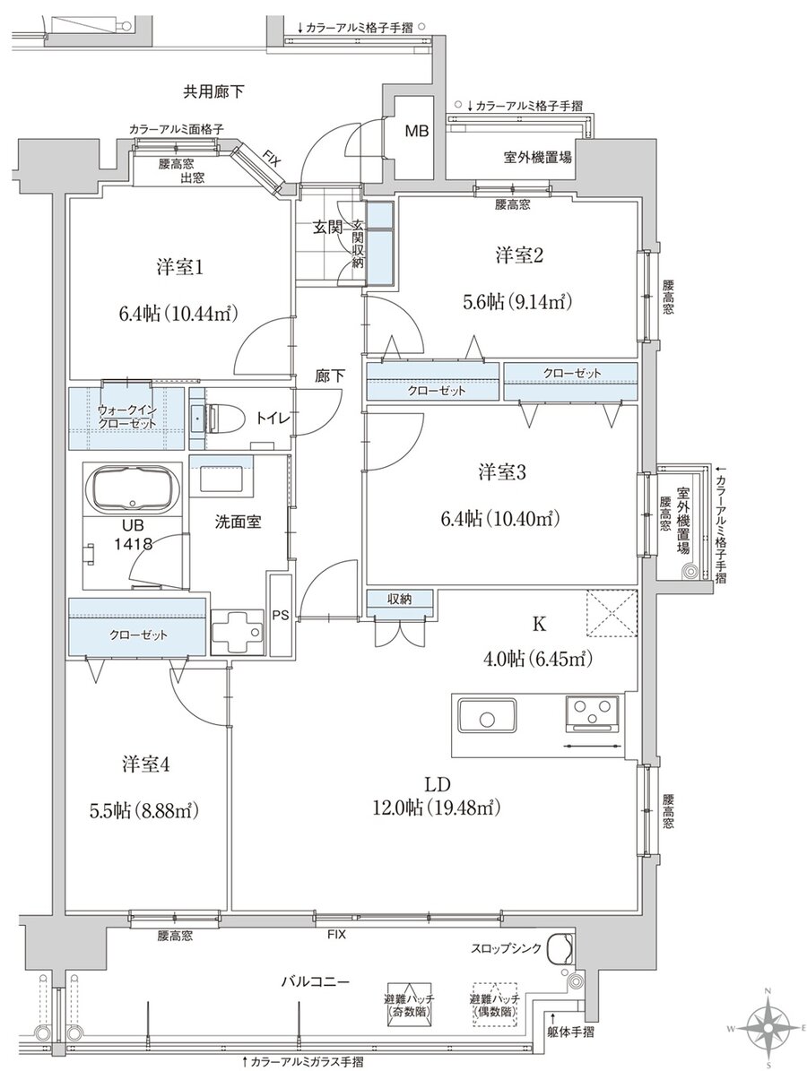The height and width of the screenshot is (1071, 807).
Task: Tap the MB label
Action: pyautogui.click(x=417, y=131)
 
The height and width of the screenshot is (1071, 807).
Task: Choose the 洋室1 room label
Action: pyautogui.click(x=179, y=268)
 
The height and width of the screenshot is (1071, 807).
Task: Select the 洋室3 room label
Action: pyautogui.click(x=501, y=472)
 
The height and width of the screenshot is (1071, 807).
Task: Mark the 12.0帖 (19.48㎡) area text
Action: pyautogui.click(x=437, y=808)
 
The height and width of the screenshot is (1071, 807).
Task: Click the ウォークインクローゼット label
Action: pyautogui.click(x=127, y=417)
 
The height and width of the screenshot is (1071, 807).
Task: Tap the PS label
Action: pyautogui.click(x=280, y=614)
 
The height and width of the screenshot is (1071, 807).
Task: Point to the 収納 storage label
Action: pyautogui.click(x=400, y=599)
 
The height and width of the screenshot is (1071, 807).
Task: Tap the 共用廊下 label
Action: pyautogui.click(x=213, y=91)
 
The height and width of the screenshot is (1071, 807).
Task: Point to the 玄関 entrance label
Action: pyautogui.click(x=326, y=229)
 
